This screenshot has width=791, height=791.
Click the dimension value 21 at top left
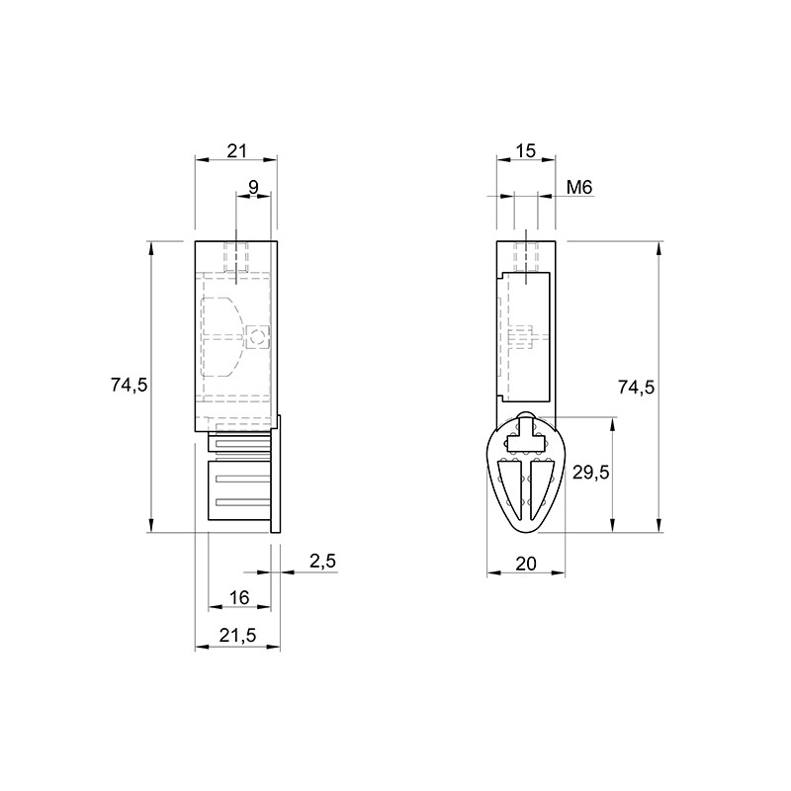236,150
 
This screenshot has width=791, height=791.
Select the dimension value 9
253,187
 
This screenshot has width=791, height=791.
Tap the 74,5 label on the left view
130,386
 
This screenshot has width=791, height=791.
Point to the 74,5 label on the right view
636,387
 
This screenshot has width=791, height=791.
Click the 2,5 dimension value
323,561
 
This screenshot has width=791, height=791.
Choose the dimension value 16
239,598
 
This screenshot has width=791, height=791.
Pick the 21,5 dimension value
237,636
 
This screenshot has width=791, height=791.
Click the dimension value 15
526,150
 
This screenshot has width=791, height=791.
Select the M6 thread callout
579,188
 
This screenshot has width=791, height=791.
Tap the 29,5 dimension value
590,473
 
